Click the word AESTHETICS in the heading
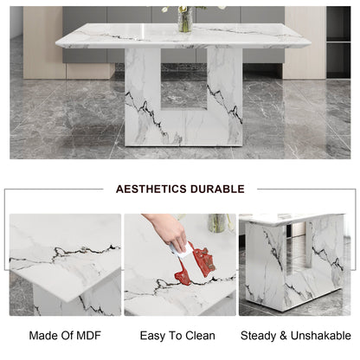151,189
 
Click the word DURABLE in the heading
217,189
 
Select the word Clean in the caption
200,336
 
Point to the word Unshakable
321,336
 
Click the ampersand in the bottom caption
283,336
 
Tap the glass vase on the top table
185,20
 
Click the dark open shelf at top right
338,42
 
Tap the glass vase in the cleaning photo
217,222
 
